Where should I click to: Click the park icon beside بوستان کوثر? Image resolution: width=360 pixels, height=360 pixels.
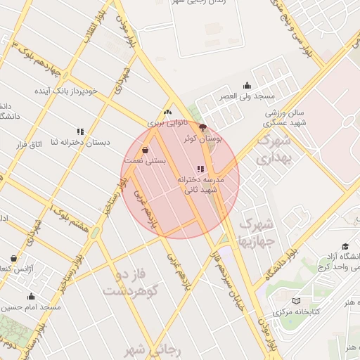point(203,128)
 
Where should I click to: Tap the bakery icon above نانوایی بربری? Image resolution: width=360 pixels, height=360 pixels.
point(167,112)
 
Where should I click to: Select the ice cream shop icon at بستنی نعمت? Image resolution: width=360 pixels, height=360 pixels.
point(146,150)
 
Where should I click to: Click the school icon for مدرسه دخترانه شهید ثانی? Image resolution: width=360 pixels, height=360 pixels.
point(201,169)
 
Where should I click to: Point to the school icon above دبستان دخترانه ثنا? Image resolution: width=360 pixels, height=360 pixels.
point(80,131)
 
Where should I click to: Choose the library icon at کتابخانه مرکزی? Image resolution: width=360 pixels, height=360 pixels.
point(296,301)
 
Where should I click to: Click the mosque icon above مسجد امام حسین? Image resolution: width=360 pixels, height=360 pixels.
point(31,296)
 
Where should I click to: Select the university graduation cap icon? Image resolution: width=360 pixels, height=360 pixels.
point(345,245)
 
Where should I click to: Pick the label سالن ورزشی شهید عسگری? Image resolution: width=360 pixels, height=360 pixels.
point(283,117)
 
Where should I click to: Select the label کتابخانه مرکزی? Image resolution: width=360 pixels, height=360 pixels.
point(325,311)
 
